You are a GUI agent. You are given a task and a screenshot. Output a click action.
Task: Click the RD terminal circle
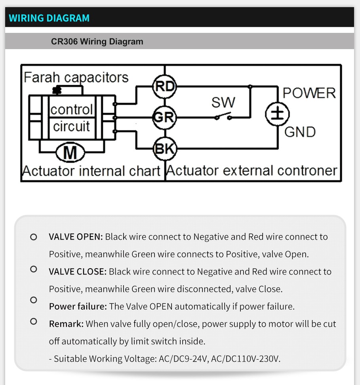pyautogui.click(x=164, y=86)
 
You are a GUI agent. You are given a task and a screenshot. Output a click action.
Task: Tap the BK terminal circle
pyautogui.click(x=164, y=149)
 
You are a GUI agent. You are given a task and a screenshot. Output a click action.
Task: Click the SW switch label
pyautogui.click(x=223, y=102)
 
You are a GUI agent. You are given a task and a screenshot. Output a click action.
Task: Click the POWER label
pyautogui.click(x=309, y=93)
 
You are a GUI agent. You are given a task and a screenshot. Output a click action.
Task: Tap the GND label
pyautogui.click(x=300, y=132)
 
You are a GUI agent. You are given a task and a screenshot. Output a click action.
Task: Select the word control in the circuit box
pyautogui.click(x=72, y=109)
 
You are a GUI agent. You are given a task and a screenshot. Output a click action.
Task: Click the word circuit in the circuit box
pyautogui.click(x=72, y=126)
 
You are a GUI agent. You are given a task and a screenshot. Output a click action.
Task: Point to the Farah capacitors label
pyautogui.click(x=76, y=77)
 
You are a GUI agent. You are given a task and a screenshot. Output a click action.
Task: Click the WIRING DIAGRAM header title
pyautogui.click(x=49, y=18)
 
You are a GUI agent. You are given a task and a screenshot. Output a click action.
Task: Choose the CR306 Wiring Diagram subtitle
pyautogui.click(x=97, y=42)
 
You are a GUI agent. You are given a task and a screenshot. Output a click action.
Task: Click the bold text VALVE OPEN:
pyautogui.click(x=76, y=237)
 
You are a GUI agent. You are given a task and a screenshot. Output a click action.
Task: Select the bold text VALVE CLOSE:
pyautogui.click(x=78, y=272)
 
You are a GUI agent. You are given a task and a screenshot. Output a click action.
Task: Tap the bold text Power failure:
pyautogui.click(x=78, y=307)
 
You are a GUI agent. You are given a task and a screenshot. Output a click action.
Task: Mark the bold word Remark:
pyautogui.click(x=66, y=324)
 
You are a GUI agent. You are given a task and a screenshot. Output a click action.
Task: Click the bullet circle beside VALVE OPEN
pyautogui.click(x=34, y=237)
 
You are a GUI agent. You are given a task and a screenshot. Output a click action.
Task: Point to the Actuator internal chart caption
pyautogui.click(x=91, y=171)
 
